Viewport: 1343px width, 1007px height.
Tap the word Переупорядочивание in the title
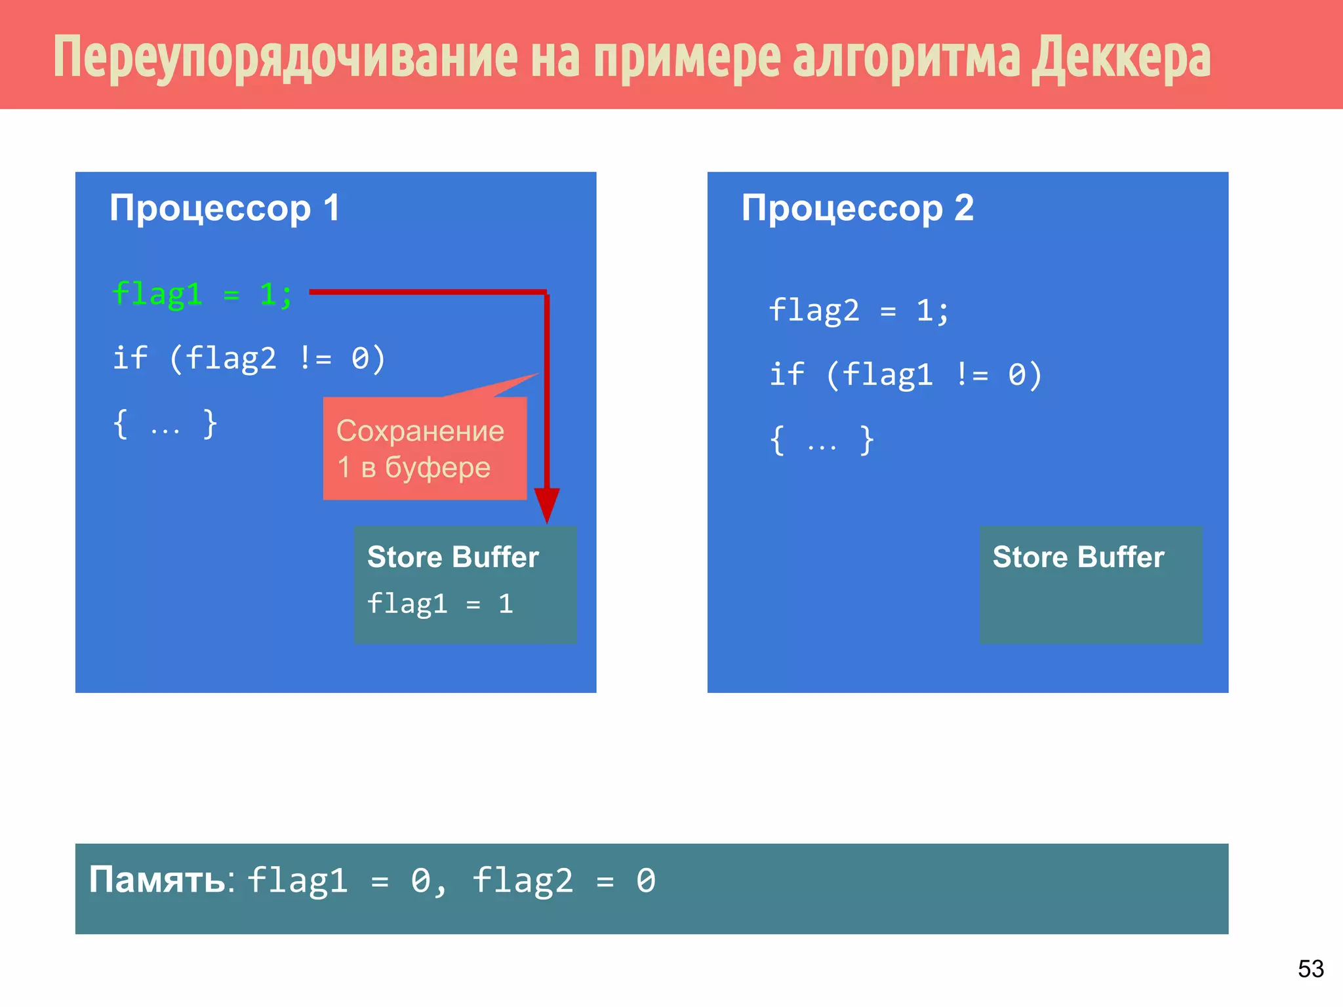285,58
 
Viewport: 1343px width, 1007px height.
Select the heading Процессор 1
224,208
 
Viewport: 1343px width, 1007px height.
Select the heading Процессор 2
857,208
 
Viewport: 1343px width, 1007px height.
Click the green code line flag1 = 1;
202,294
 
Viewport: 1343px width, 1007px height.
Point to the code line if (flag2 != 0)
249,358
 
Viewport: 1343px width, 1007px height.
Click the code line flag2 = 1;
858,310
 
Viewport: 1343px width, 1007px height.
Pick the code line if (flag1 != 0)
906,374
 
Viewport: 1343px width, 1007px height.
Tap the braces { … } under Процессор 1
165,424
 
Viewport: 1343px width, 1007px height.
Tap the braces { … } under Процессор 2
822,440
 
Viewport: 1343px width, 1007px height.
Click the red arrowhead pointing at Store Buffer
546,505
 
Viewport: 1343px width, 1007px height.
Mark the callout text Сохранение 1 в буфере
420,449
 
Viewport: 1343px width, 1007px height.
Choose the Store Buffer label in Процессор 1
452,557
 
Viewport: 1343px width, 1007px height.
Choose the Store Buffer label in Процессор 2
1078,557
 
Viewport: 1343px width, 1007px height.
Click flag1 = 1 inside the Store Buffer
440,603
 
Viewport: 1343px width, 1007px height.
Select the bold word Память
157,880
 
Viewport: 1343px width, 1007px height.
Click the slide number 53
1310,968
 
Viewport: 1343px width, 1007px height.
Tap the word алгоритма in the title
906,58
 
